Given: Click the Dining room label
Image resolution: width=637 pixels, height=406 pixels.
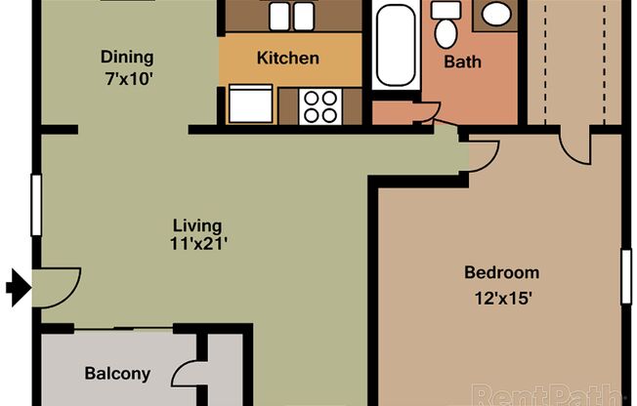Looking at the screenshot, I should point(127,57).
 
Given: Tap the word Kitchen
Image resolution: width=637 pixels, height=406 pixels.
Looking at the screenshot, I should point(287,59).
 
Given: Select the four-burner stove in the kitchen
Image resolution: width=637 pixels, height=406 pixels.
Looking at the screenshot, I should point(319,105).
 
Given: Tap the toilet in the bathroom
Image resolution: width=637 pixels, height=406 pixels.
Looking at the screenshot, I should point(446,26).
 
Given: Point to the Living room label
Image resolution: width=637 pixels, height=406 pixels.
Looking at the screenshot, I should point(198,225).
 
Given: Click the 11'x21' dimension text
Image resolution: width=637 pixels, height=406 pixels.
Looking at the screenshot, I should point(198,244).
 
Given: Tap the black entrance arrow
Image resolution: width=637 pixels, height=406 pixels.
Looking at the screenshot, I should point(18,287).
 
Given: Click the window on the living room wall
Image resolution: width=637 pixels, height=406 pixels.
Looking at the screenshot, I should point(36,204).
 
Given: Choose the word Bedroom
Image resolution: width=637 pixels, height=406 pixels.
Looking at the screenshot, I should point(501,272).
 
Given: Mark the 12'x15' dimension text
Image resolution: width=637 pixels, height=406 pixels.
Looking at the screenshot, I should point(501,299).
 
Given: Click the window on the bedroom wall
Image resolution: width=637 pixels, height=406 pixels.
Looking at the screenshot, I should point(626,276).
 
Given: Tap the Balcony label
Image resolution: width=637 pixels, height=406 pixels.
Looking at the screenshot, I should point(117,373).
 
